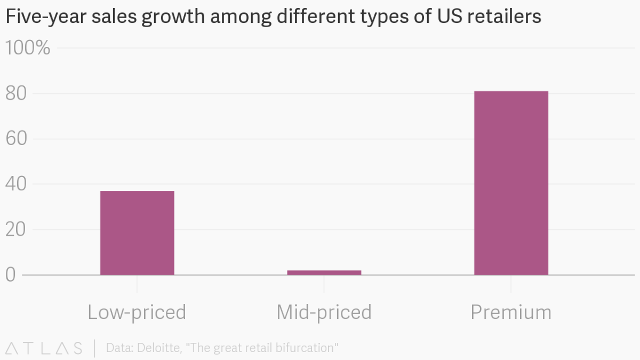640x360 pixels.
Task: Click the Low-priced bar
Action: pos(137,233)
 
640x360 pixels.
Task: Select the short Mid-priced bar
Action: pos(324,273)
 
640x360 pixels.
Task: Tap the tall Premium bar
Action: pos(511,183)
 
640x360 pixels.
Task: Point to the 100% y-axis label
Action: pos(28,47)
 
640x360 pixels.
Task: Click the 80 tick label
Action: pos(17,93)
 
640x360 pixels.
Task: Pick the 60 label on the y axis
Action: pos(17,139)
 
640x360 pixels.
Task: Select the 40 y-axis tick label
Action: pos(17,183)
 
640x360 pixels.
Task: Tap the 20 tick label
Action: pos(17,229)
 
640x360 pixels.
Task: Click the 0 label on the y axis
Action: pos(11,275)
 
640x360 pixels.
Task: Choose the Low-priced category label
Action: pos(137,313)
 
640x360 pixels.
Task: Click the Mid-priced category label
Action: pos(324,313)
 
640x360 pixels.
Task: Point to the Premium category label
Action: pos(511,313)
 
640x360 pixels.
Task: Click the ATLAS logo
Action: pos(44,348)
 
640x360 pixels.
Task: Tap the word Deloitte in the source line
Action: pos(159,348)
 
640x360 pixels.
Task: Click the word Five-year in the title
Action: pos(46,17)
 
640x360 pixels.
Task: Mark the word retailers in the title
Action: pos(505,16)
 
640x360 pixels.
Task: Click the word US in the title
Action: pos(450,16)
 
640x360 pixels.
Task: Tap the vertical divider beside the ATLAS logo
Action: pos(94,348)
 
